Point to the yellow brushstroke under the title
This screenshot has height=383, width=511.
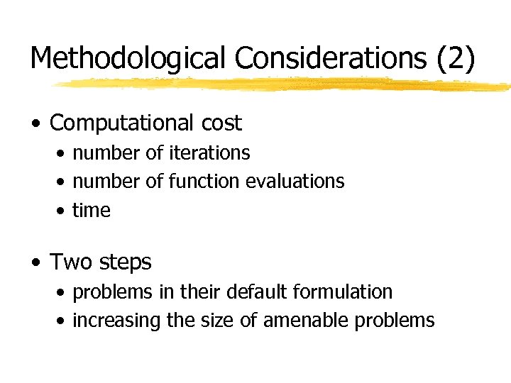pyautogui.click(x=284, y=84)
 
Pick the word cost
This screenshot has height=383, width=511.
pyautogui.click(x=221, y=123)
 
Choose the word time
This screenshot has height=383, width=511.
pyautogui.click(x=92, y=211)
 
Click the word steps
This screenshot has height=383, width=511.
pyautogui.click(x=125, y=263)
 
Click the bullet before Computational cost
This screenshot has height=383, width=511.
pyautogui.click(x=35, y=124)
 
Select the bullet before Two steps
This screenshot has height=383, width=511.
pyautogui.click(x=35, y=263)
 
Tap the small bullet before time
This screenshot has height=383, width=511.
pyautogui.click(x=63, y=211)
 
